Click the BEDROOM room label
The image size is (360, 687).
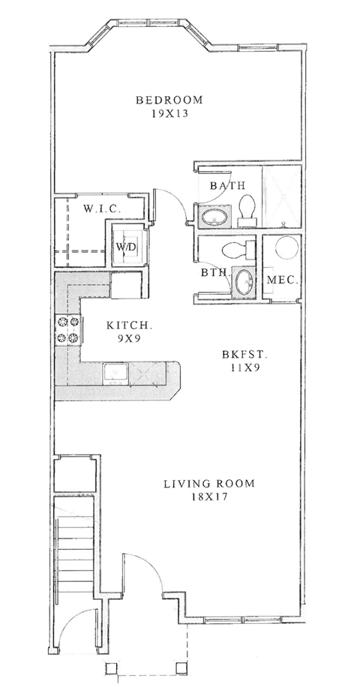coord(169,100)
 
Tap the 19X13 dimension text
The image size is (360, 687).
coord(169,115)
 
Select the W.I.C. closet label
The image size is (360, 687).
coord(98,208)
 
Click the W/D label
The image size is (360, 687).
coord(124,246)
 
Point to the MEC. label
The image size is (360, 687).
coord(283,280)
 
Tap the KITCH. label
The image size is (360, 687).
coord(130,326)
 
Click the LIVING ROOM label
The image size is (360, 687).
coord(208,484)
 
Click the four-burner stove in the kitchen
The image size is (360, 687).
coord(68,330)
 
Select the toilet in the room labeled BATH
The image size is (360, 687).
coord(247,208)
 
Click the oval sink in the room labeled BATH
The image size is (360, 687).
coord(215,218)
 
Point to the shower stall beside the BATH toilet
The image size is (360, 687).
coord(280,196)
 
